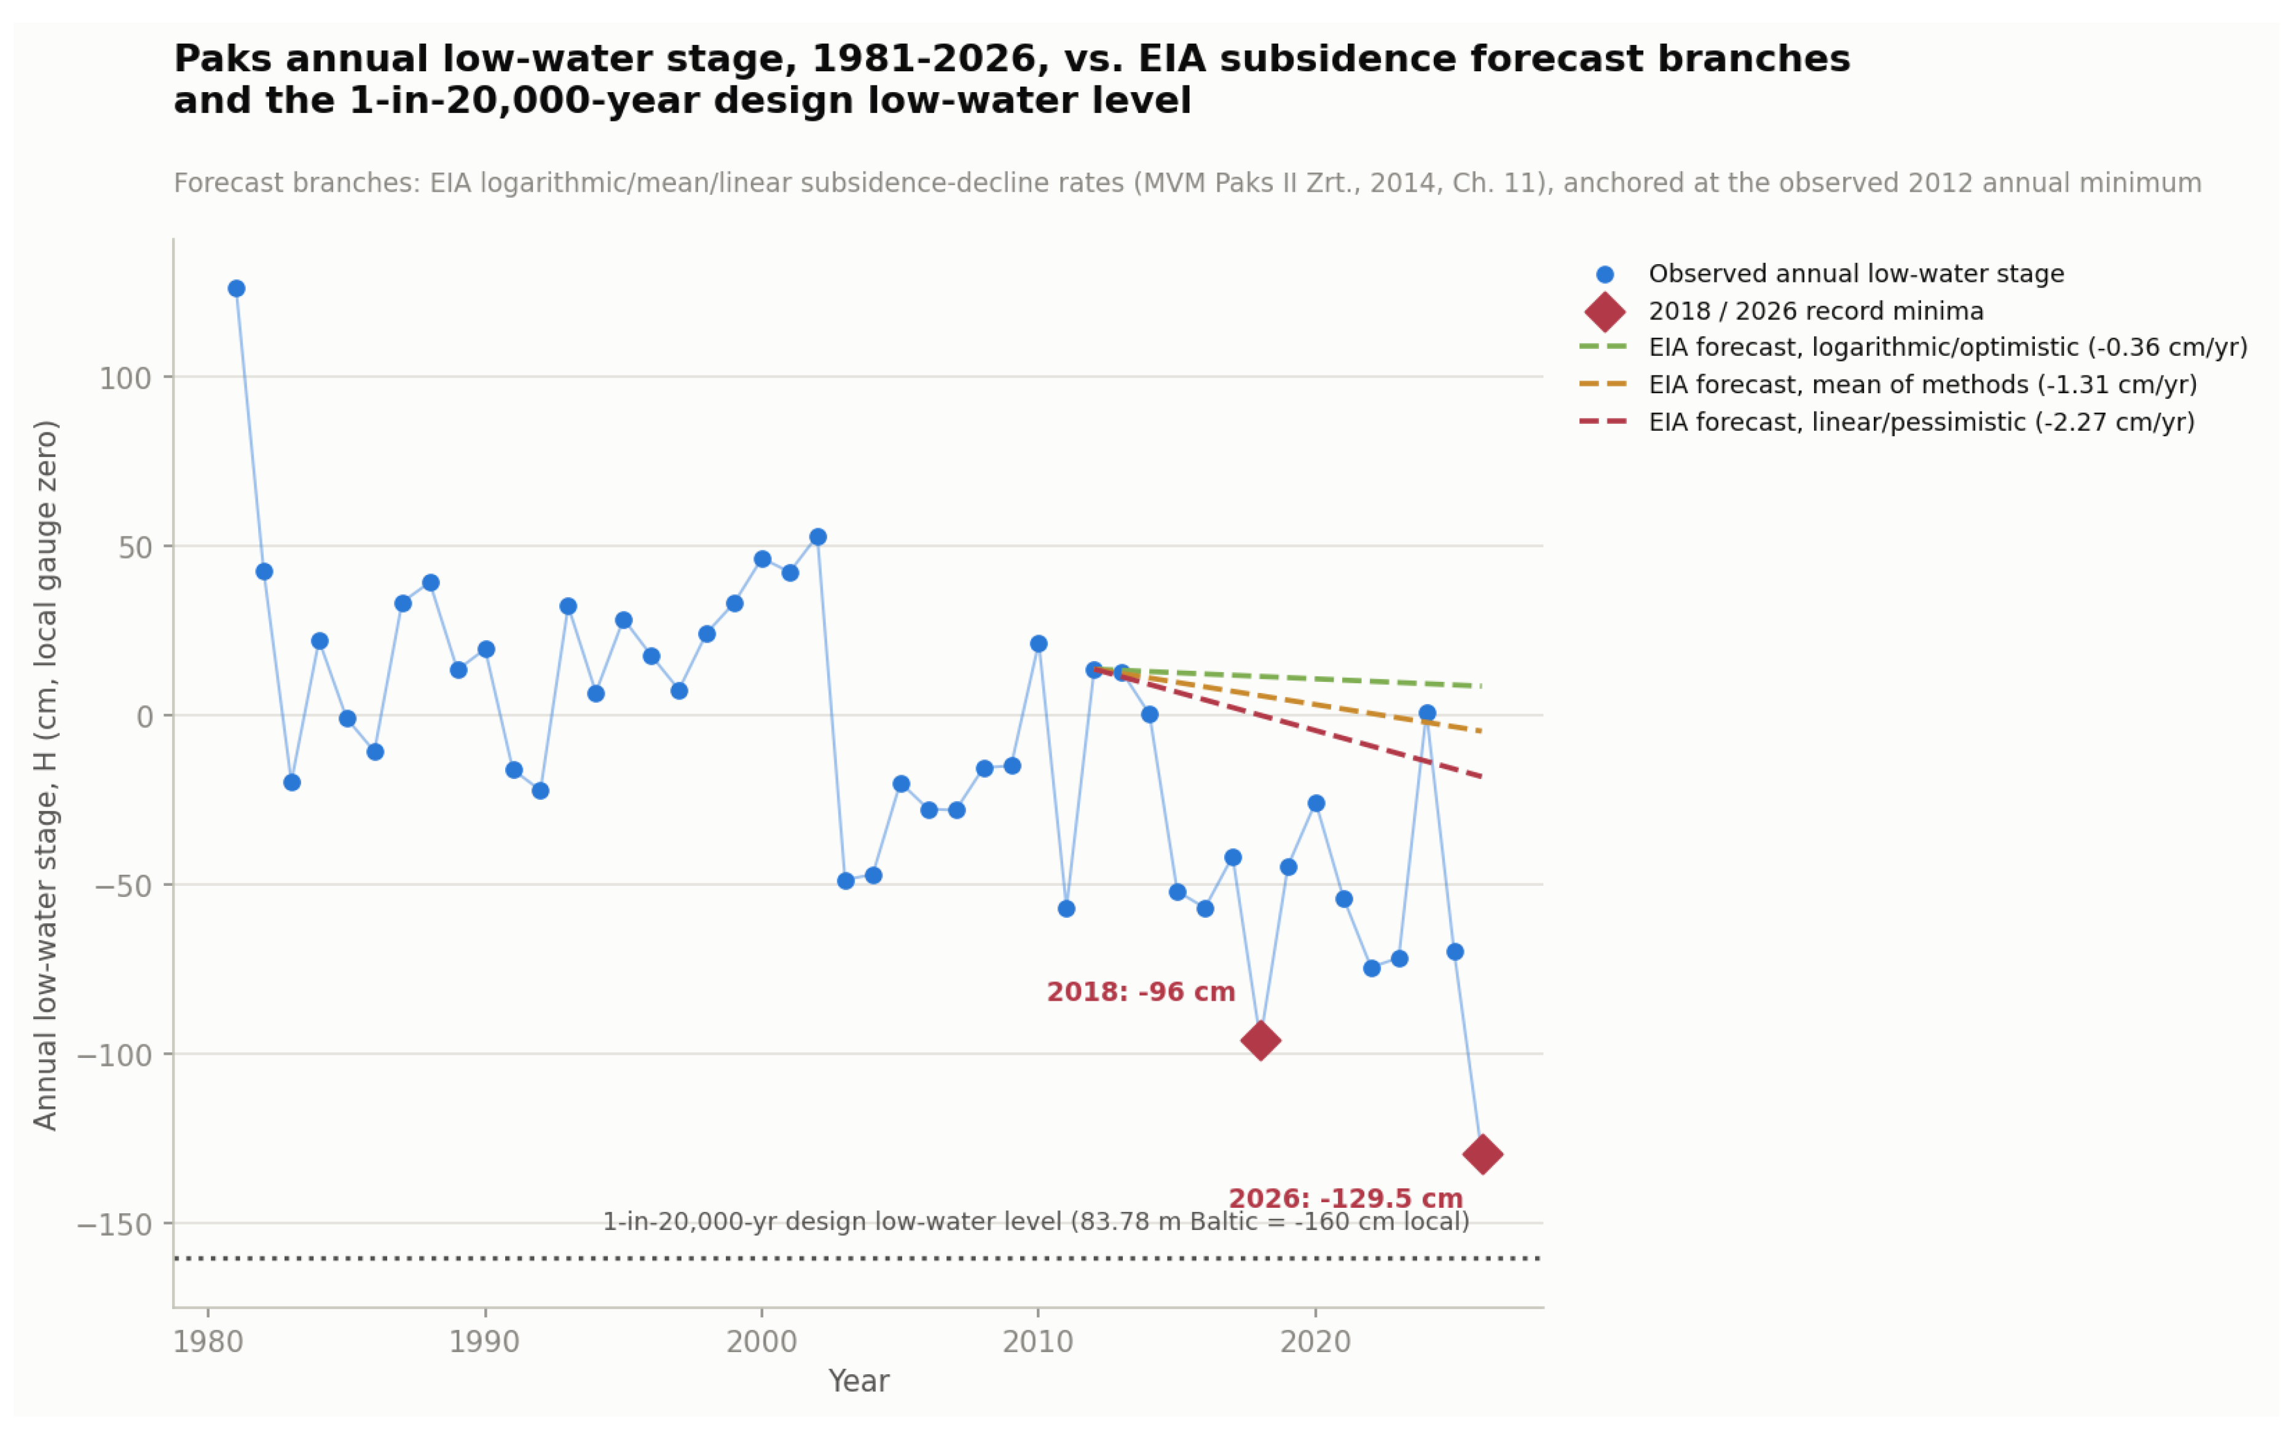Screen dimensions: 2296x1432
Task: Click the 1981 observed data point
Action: [237, 289]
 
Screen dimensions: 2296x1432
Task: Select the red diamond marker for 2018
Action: [1260, 1041]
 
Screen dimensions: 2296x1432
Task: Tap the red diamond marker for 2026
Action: [1482, 1154]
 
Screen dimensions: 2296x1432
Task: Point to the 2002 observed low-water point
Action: [819, 537]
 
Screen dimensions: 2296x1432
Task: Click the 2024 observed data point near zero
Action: [1428, 713]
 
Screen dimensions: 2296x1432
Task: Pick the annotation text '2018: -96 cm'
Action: [1141, 993]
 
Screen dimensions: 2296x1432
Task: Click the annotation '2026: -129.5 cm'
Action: [1346, 1198]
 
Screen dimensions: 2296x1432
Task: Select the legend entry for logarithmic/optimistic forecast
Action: [1913, 348]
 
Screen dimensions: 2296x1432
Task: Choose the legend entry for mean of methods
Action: [1888, 385]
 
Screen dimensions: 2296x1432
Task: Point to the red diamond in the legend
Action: [1605, 311]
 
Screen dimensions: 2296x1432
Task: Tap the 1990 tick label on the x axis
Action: [484, 1342]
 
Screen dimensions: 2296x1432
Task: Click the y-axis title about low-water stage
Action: [45, 775]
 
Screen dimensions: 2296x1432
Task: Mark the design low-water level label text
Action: [1036, 1222]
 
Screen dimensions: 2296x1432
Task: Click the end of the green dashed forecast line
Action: [1482, 686]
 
